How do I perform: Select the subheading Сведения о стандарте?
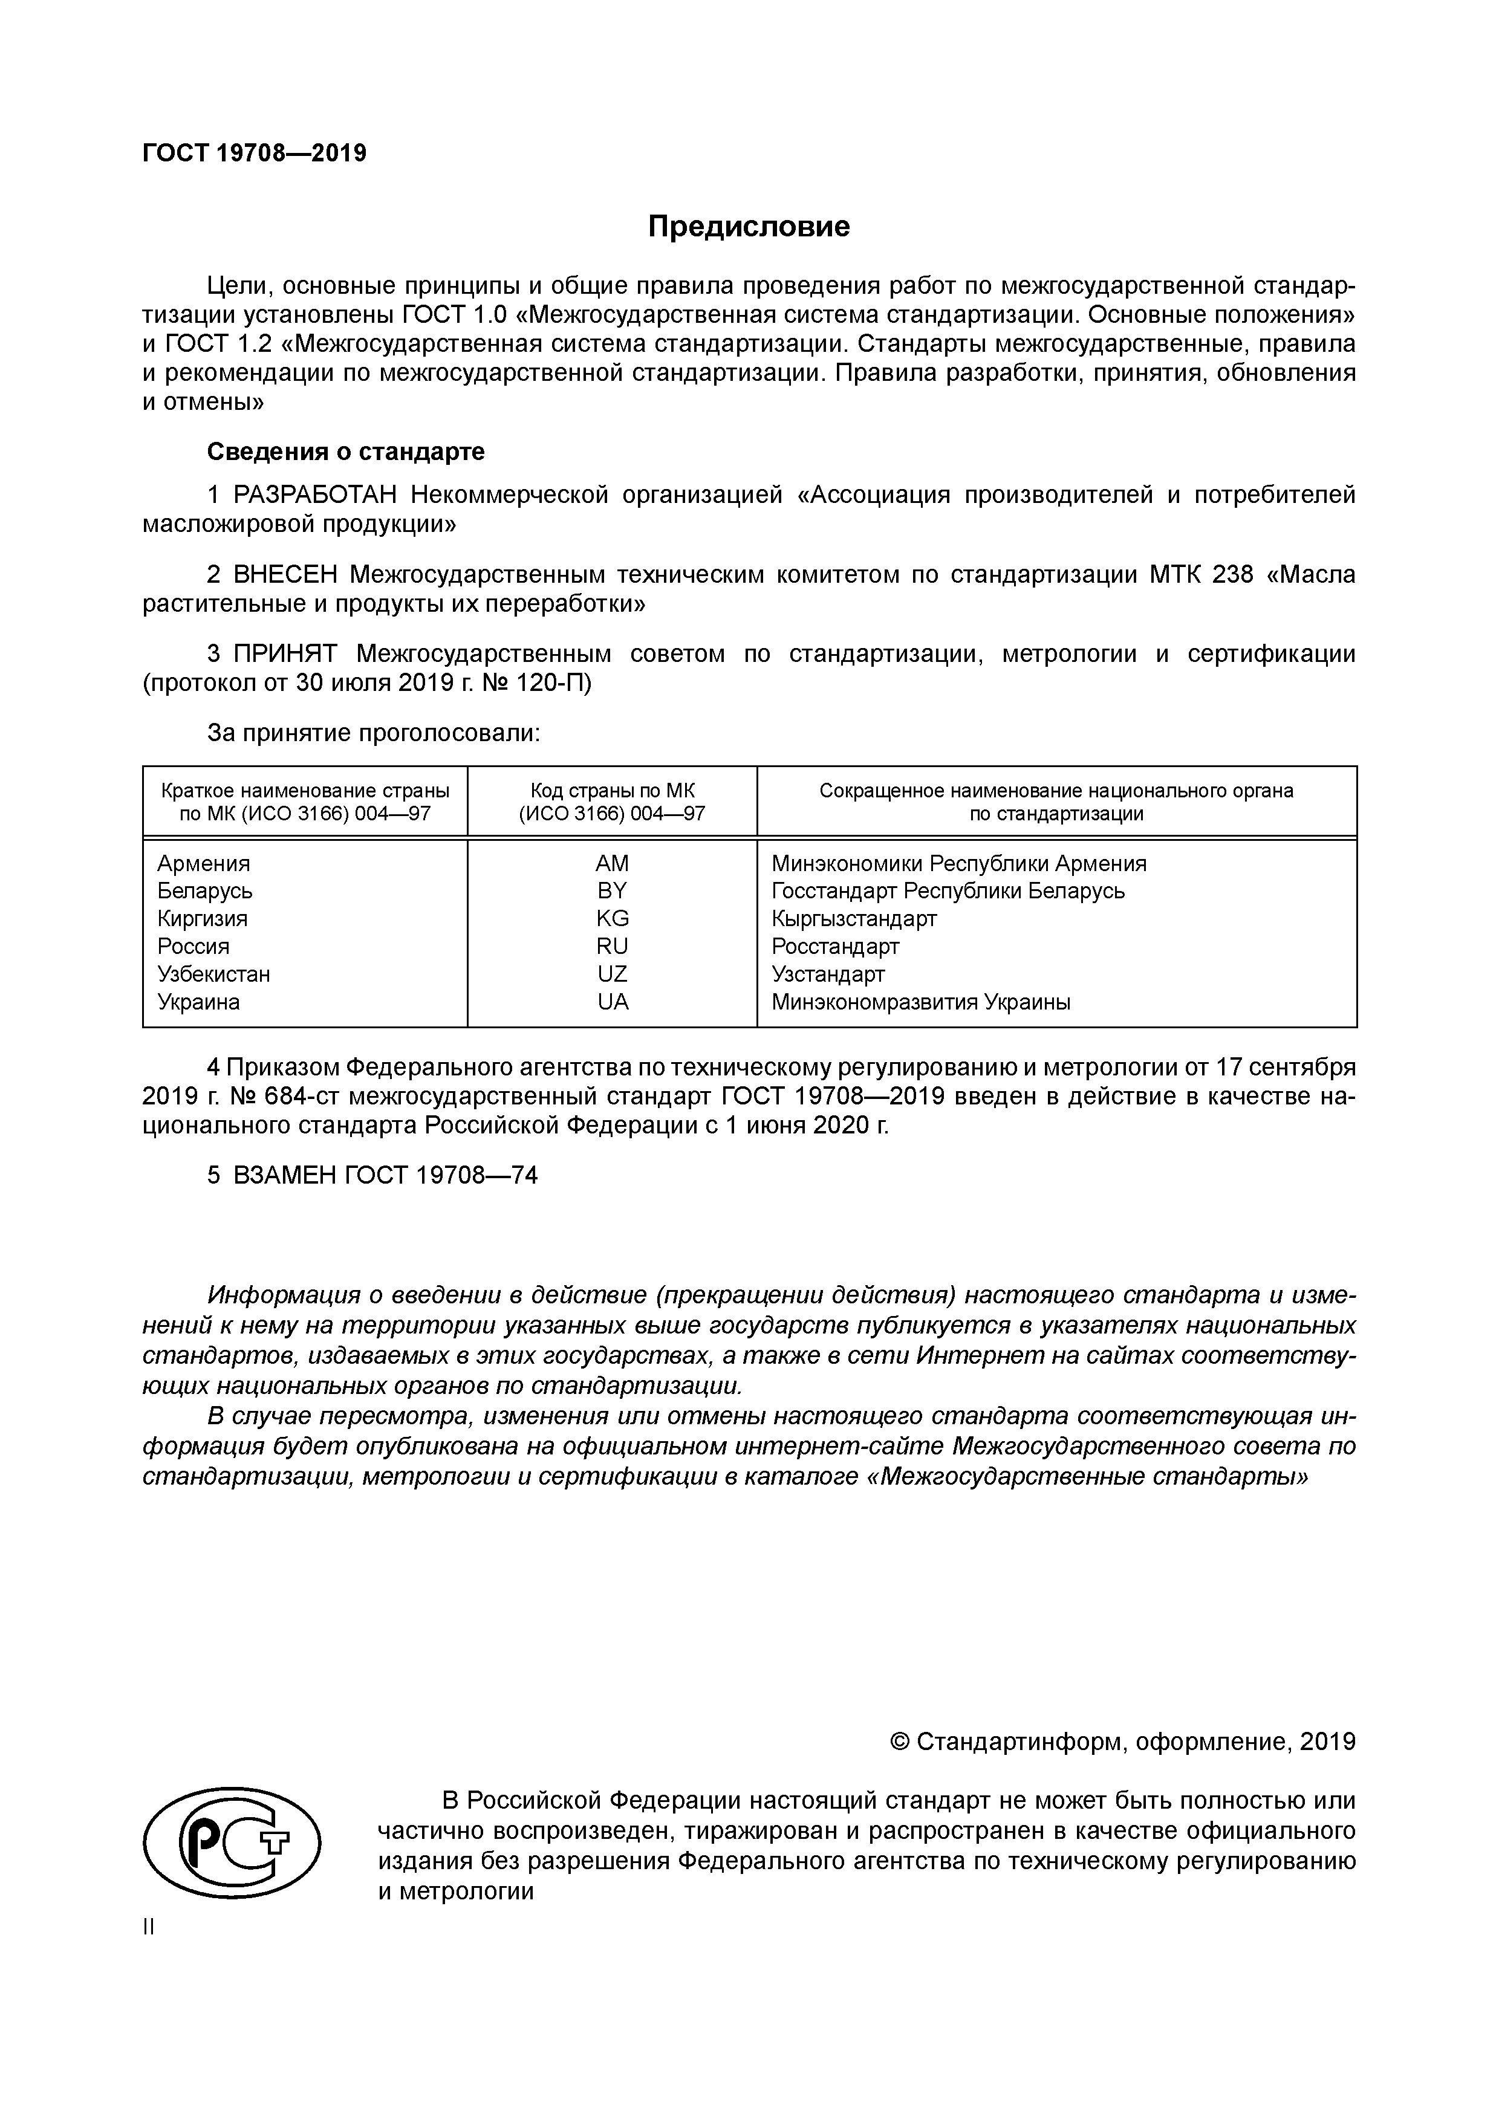pyautogui.click(x=345, y=452)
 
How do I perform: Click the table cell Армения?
pyautogui.click(x=203, y=863)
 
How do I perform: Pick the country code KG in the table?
pyautogui.click(x=613, y=919)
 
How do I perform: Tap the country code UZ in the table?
pyautogui.click(x=613, y=974)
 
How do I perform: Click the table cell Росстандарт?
pyautogui.click(x=835, y=947)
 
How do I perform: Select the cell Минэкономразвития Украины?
pyautogui.click(x=921, y=1002)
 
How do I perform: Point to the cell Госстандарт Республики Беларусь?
pyautogui.click(x=948, y=891)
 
